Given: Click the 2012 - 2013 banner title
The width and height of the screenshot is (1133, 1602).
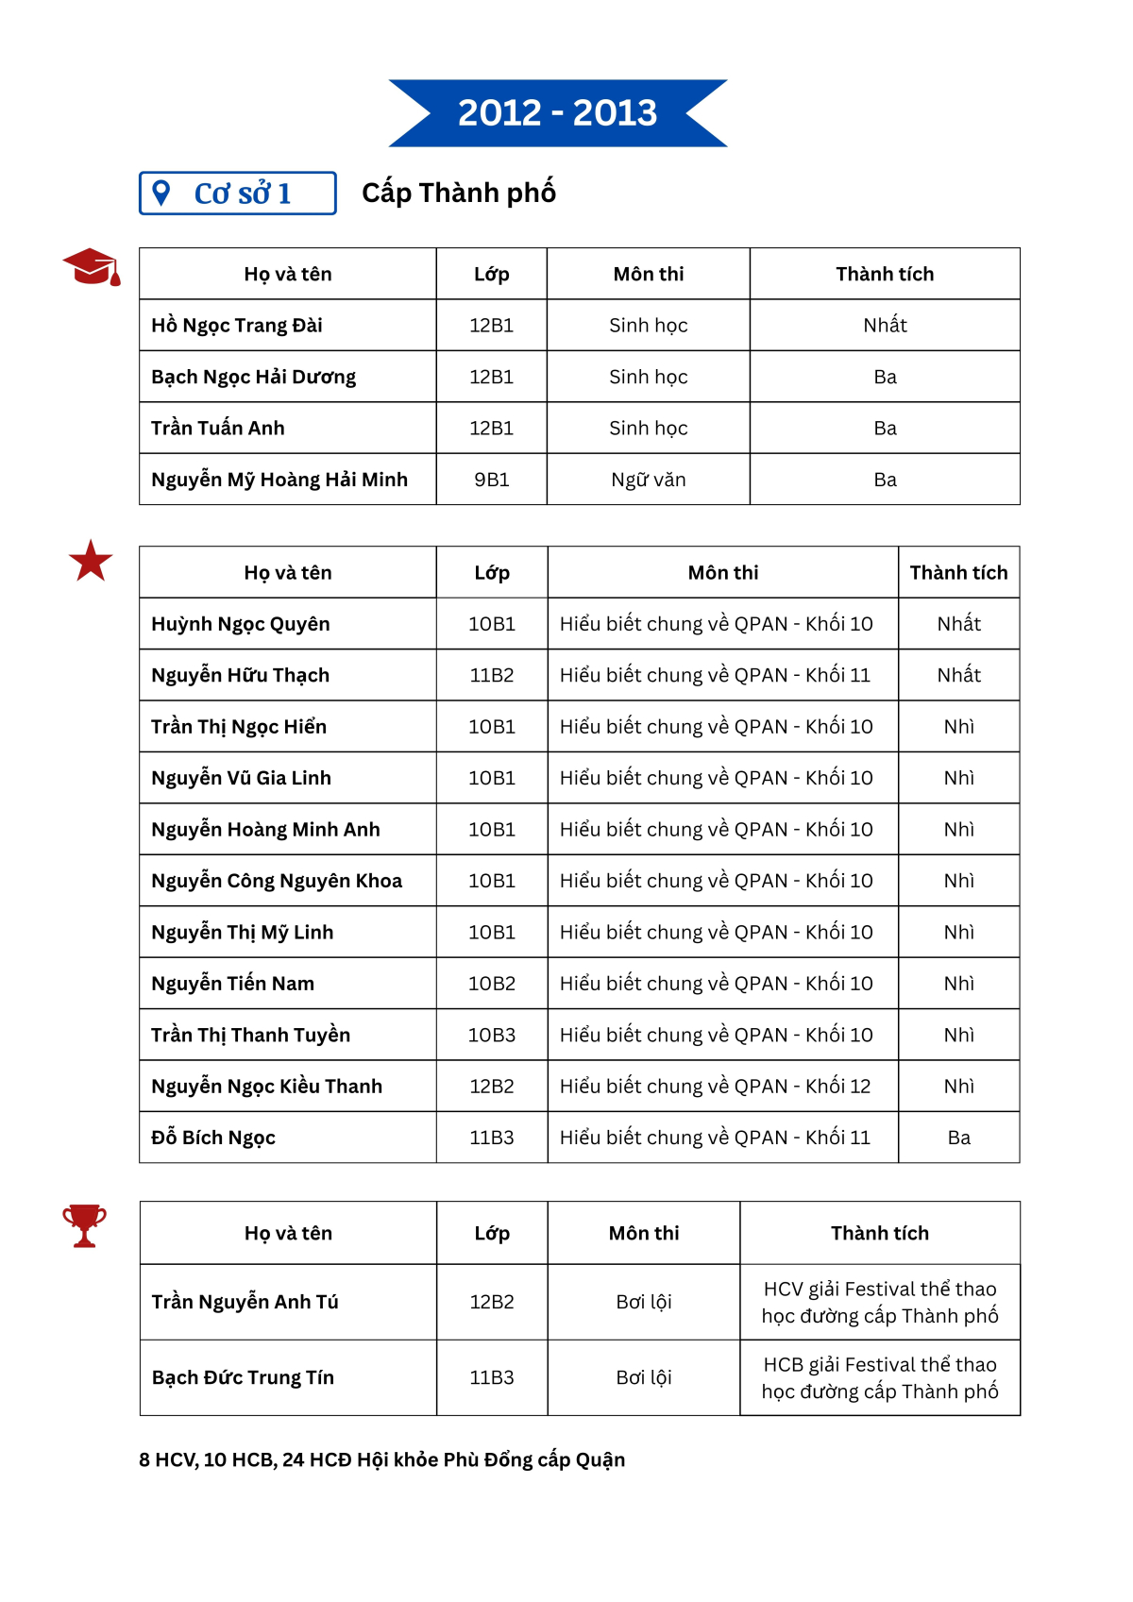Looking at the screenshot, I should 557,113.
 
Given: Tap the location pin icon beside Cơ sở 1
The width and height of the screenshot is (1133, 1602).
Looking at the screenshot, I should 161,193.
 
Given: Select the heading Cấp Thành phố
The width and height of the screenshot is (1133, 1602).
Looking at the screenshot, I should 459,193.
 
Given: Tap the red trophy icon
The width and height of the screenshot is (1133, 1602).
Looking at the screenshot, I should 84,1225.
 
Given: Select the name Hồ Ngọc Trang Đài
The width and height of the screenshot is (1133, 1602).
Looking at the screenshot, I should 237,326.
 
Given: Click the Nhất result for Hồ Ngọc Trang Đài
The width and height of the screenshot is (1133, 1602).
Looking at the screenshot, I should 885,326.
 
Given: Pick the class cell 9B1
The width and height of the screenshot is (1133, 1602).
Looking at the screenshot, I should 491,480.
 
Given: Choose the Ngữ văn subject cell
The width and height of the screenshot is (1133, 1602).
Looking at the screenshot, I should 648,480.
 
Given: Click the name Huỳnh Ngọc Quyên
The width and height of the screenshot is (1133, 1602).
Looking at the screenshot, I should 241,624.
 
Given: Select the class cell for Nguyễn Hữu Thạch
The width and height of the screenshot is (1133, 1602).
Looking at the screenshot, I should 491,675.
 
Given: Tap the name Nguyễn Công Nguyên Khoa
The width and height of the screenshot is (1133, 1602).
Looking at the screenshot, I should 277,881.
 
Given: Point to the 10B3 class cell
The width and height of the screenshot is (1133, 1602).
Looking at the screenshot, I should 491,1035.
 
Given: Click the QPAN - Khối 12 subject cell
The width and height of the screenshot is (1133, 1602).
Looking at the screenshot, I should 715,1087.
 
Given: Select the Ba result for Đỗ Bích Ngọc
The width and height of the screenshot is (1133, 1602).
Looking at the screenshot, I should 958,1138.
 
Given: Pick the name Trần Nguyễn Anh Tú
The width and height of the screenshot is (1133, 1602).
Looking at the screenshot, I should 245,1302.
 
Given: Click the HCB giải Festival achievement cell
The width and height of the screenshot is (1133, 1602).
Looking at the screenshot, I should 879,1377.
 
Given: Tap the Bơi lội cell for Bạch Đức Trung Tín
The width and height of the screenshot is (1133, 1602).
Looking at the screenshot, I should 643,1377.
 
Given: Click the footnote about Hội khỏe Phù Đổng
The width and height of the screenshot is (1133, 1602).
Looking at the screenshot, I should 381,1459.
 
